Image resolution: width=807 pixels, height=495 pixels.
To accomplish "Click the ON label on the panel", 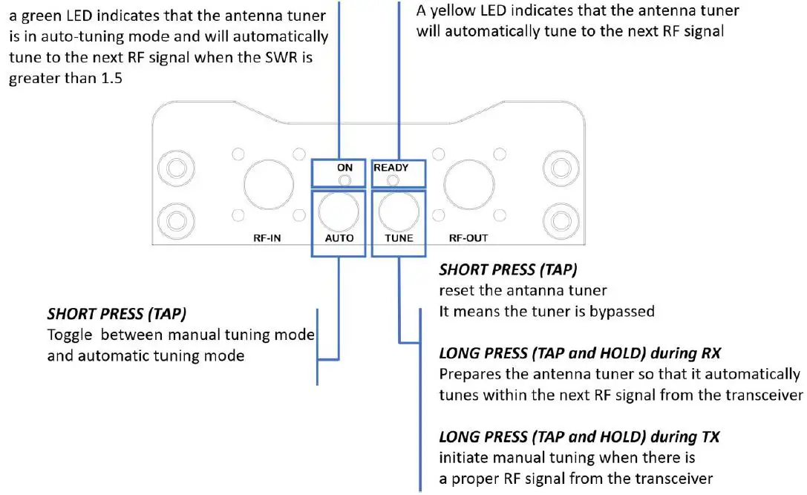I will coord(344,168).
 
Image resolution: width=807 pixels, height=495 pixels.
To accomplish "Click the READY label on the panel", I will coord(391,168).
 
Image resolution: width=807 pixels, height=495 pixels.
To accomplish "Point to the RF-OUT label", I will coord(468,238).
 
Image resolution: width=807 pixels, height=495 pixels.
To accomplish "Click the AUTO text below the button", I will coord(339,238).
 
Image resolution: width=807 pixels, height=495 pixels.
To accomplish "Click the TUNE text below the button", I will coord(399,238).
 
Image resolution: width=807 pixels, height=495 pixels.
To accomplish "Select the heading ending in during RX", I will coord(580,352).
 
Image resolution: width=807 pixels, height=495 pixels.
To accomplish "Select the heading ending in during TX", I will coord(579,436).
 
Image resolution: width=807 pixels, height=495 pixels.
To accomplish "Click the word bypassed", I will coord(621,311).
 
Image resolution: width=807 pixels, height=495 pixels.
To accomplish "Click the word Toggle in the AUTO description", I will coord(68,334).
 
